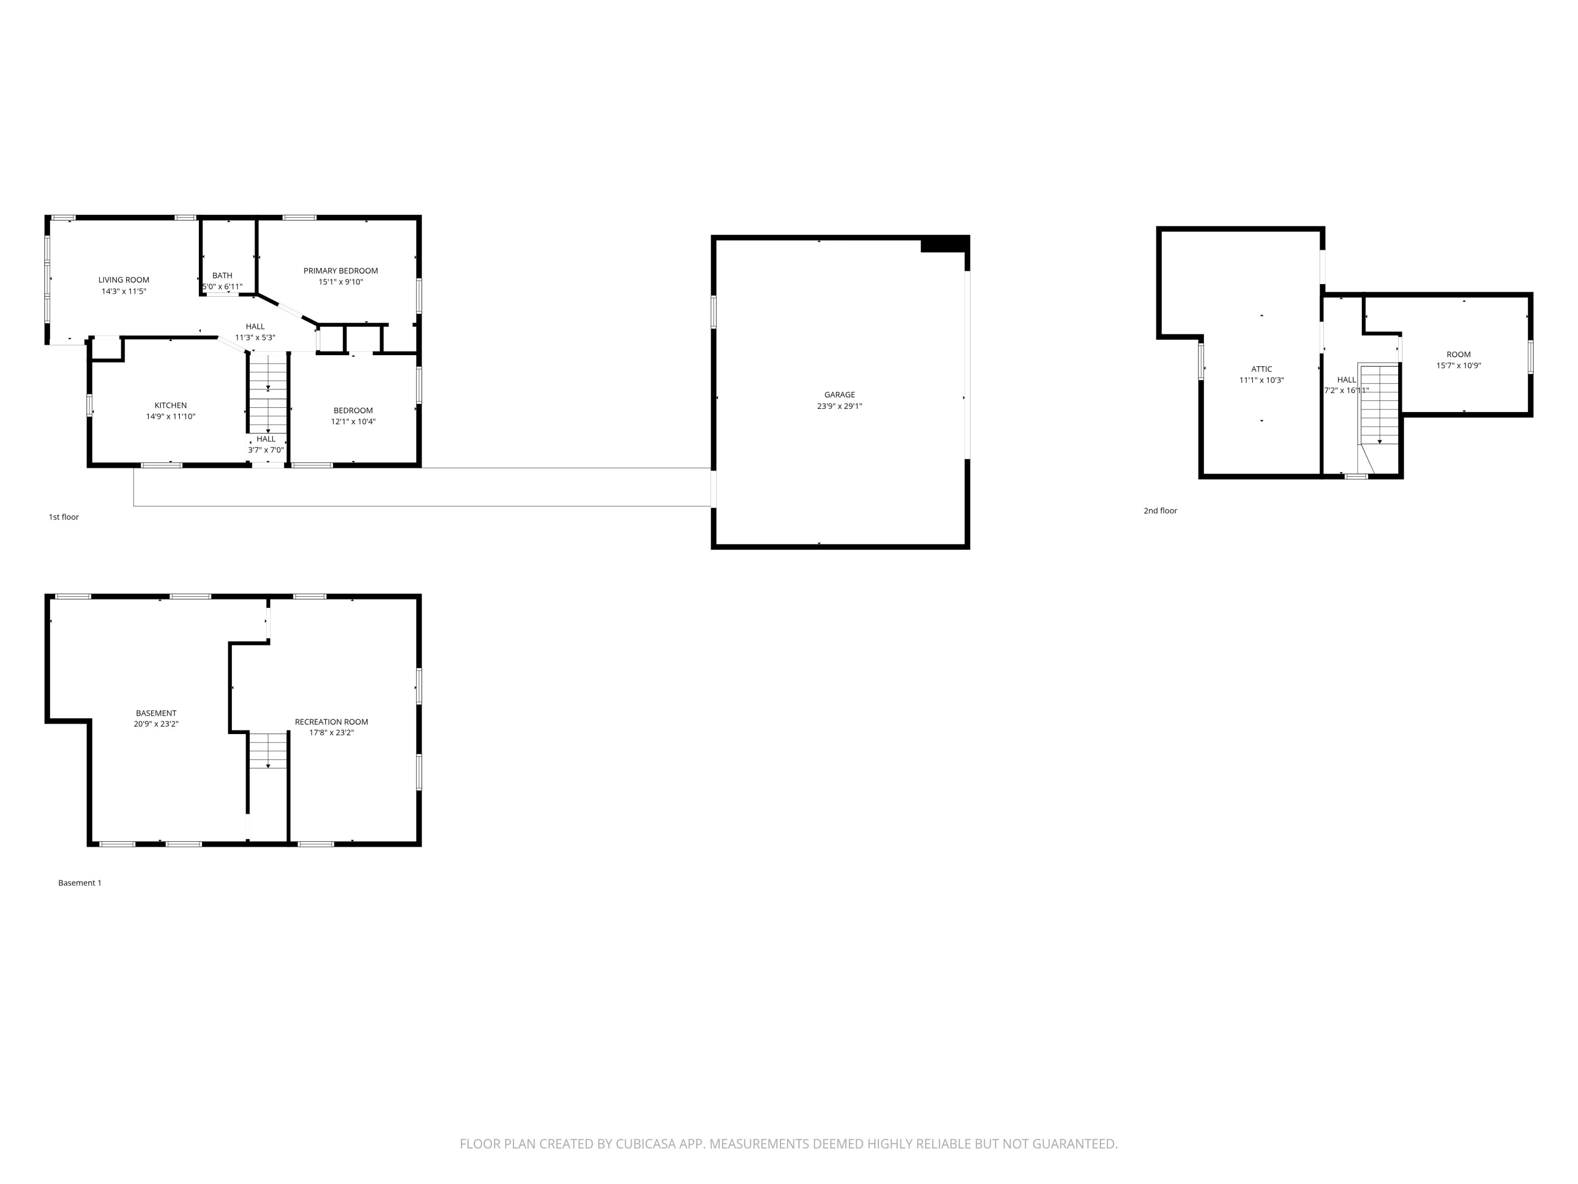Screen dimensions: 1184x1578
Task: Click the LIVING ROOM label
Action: click(x=124, y=280)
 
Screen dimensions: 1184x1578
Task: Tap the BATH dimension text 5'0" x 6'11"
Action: click(x=222, y=287)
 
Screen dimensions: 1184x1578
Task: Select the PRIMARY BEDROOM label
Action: click(x=340, y=270)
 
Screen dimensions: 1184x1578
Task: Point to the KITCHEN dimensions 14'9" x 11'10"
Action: click(x=170, y=416)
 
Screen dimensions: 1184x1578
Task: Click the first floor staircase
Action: click(x=268, y=393)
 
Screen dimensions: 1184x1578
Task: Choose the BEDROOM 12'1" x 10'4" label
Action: click(x=353, y=415)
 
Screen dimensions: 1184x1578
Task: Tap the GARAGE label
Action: click(x=839, y=395)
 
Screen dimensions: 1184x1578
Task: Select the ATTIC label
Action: click(x=1261, y=369)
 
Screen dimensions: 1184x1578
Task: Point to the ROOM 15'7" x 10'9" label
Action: click(x=1458, y=360)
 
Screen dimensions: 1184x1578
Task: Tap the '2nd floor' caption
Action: click(x=1160, y=510)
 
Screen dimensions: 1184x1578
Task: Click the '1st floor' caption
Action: click(x=64, y=517)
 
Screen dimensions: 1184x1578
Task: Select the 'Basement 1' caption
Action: click(x=79, y=883)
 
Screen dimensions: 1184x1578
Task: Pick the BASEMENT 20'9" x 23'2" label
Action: click(x=156, y=718)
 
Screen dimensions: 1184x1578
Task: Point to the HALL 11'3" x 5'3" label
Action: click(x=255, y=332)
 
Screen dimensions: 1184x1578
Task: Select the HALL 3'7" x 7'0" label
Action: click(x=266, y=444)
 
